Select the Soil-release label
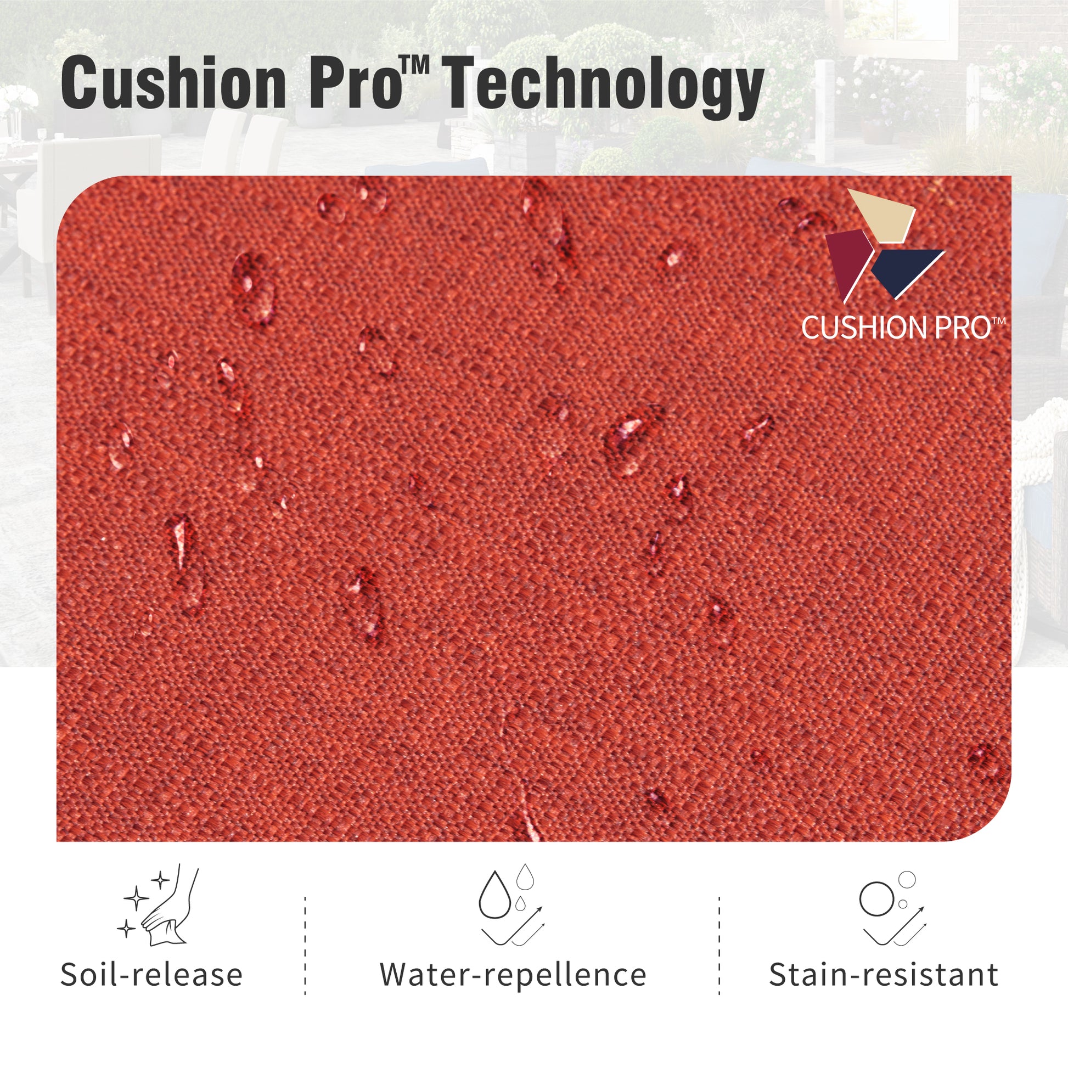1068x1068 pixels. coord(151,975)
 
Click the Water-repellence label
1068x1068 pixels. coord(513,975)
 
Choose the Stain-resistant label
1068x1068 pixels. coord(884,975)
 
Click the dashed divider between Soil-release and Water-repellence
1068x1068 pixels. coord(305,946)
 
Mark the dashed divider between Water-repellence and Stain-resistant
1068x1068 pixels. coord(719,946)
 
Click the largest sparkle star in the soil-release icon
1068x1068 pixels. coord(136,898)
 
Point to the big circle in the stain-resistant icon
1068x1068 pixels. coord(876,899)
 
